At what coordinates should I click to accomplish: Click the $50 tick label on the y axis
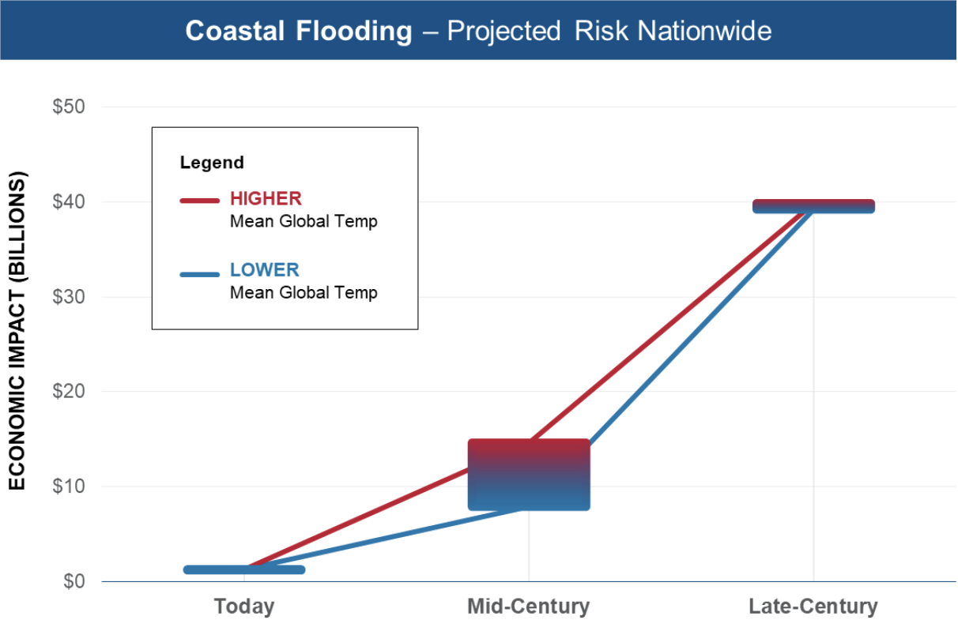(69, 107)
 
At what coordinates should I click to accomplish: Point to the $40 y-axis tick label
(69, 202)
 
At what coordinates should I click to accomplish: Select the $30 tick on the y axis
(69, 297)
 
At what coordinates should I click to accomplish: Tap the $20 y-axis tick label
(69, 392)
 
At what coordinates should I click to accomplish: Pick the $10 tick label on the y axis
(69, 487)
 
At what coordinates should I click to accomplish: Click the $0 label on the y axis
(74, 581)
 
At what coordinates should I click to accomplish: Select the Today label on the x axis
(244, 607)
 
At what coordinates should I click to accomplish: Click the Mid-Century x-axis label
(528, 607)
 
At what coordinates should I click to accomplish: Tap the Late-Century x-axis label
(813, 607)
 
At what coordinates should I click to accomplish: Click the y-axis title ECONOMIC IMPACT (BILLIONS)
(17, 331)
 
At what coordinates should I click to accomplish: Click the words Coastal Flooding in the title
(299, 31)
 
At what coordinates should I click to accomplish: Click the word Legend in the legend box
(212, 163)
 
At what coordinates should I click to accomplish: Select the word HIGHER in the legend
(266, 198)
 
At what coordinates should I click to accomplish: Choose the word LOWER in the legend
(265, 270)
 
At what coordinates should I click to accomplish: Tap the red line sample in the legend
(199, 200)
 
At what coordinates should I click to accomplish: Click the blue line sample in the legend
(199, 275)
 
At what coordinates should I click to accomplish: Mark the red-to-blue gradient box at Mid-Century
(529, 474)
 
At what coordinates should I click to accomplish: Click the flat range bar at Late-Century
(813, 206)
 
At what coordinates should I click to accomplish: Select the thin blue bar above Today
(244, 569)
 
